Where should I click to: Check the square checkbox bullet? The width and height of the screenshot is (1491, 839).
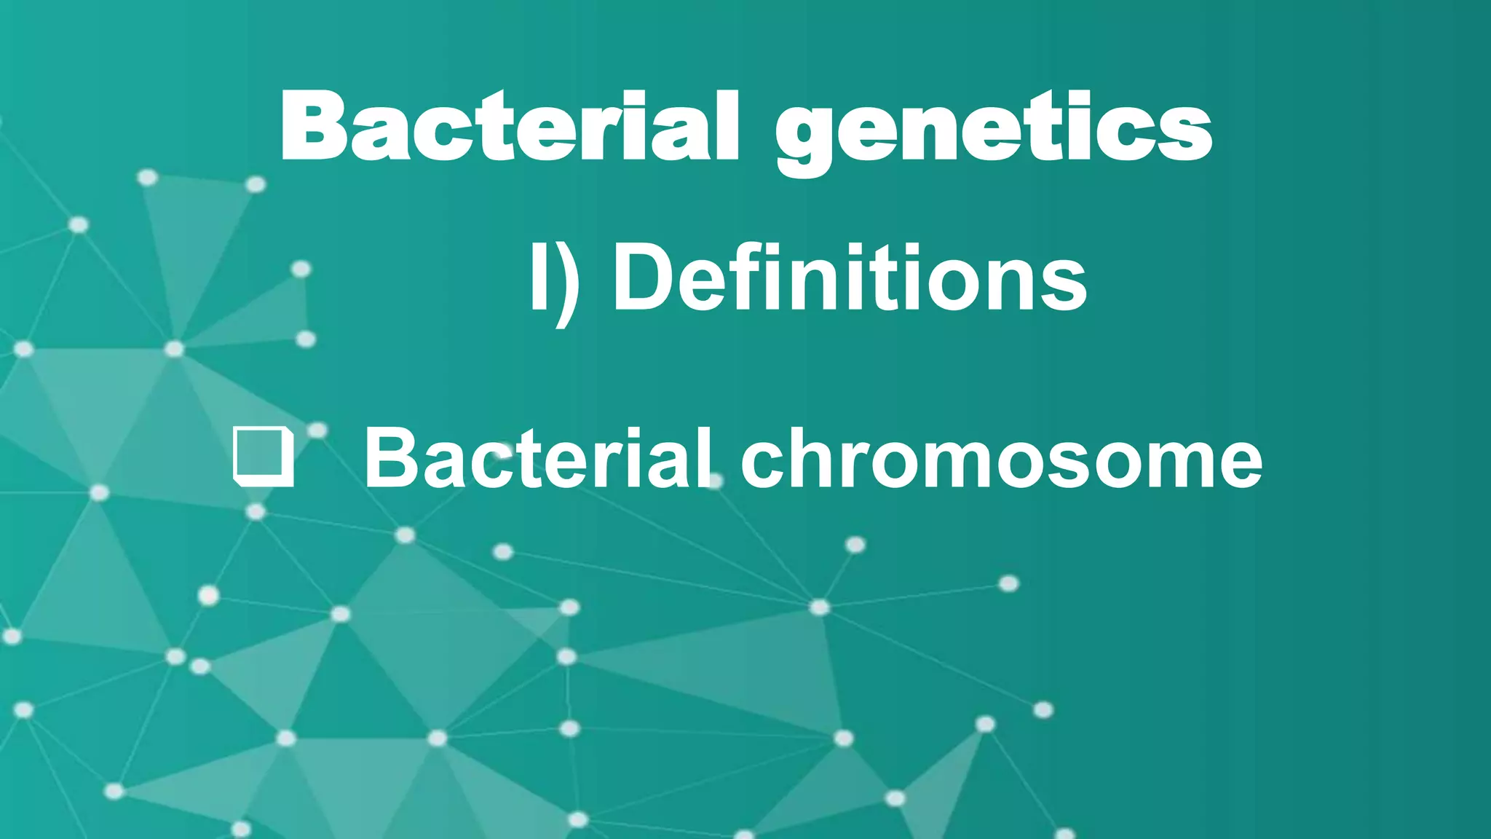[264, 457]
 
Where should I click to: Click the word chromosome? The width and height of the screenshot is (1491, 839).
[1001, 459]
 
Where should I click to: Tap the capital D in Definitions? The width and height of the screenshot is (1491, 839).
[642, 277]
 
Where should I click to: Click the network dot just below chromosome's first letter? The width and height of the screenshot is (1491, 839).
[715, 481]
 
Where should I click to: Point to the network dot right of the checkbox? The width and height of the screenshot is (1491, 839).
[317, 430]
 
